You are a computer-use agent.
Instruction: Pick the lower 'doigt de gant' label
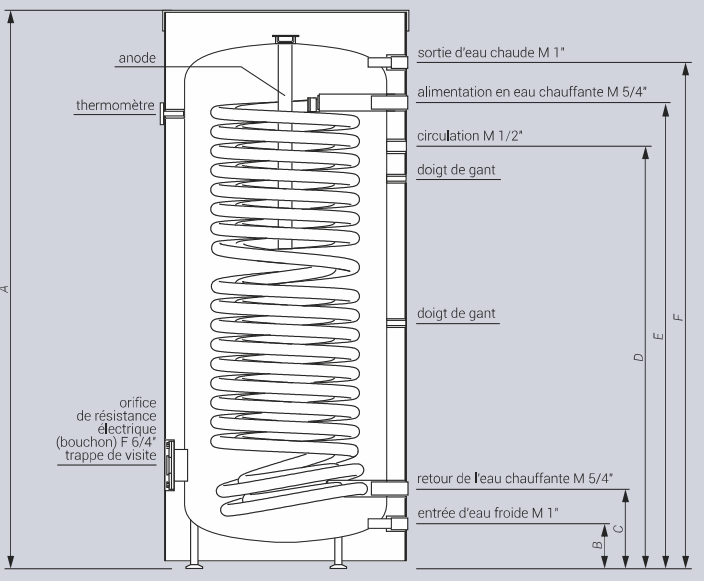(x=457, y=314)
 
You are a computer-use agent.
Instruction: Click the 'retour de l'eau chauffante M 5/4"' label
(x=514, y=478)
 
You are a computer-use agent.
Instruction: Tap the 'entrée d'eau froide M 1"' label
(x=487, y=513)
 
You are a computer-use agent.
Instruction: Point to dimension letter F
(x=679, y=317)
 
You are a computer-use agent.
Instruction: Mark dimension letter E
(x=658, y=336)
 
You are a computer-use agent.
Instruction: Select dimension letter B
(x=598, y=545)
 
